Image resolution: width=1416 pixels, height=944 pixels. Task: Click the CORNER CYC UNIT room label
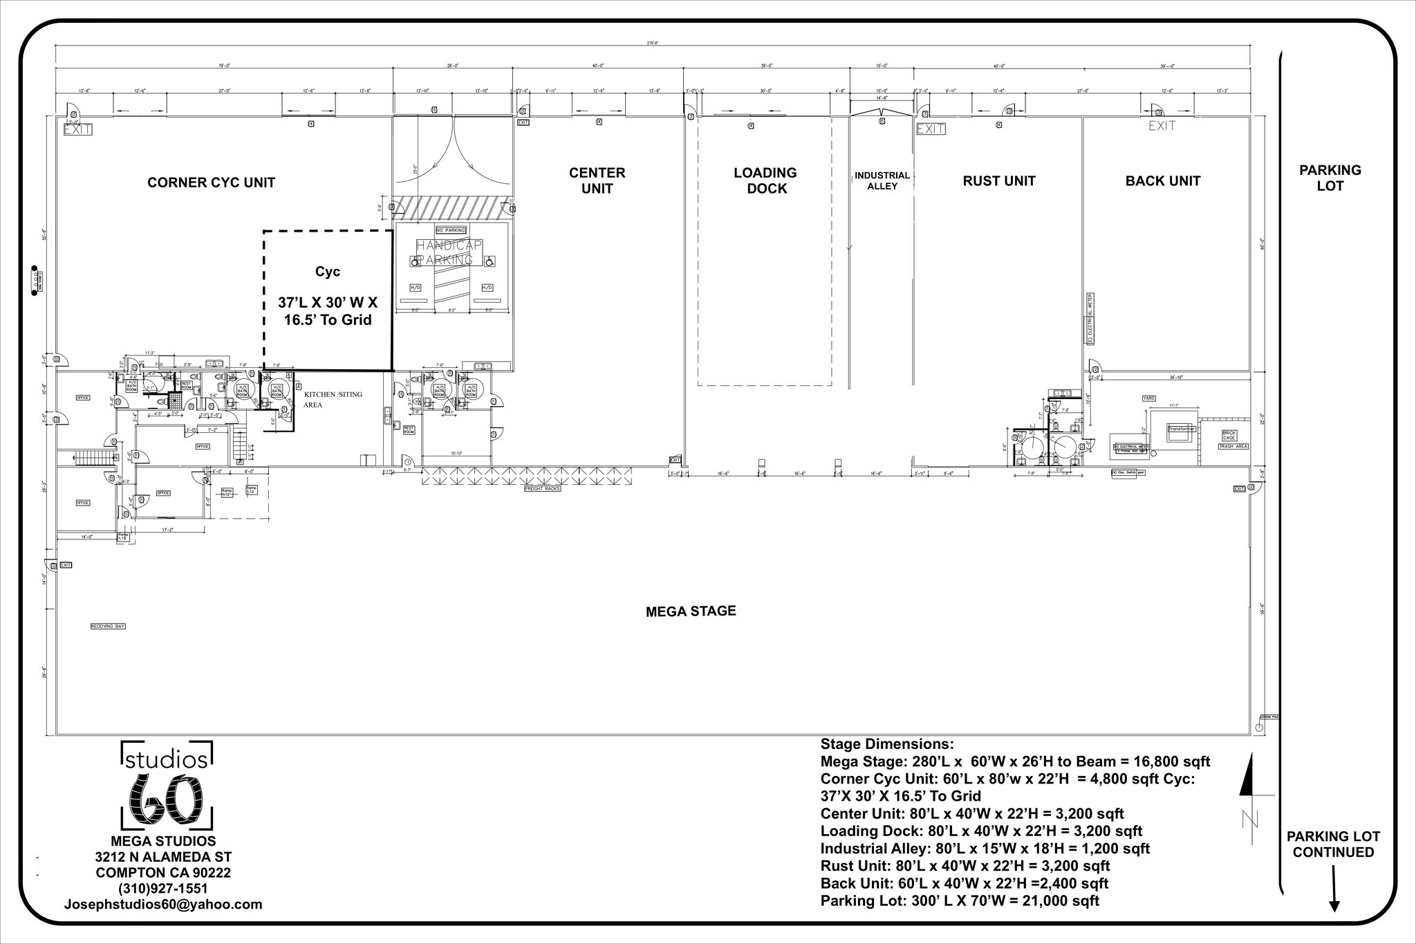click(x=211, y=183)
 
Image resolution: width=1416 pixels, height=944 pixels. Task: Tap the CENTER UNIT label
click(x=597, y=181)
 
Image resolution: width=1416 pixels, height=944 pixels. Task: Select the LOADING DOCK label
click(x=765, y=181)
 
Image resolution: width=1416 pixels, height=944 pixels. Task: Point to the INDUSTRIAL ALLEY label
click(x=882, y=181)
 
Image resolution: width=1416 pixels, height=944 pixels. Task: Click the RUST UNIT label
click(x=998, y=181)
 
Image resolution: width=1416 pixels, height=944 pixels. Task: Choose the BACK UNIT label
click(x=1162, y=181)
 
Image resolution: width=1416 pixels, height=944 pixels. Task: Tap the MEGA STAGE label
click(x=690, y=611)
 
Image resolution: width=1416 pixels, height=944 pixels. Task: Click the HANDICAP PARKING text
click(x=449, y=253)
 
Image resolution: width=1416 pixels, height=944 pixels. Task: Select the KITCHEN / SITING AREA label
click(x=333, y=399)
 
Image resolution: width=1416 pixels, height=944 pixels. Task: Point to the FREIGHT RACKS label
click(x=542, y=488)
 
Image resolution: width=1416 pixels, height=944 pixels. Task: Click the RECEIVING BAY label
click(x=109, y=626)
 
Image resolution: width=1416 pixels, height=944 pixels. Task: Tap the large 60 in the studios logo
click(x=167, y=798)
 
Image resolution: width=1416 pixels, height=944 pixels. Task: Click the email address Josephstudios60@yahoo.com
click(x=163, y=904)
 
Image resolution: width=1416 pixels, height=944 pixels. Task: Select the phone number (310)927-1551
click(x=163, y=888)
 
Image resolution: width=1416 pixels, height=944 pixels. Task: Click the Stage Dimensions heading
click(x=886, y=744)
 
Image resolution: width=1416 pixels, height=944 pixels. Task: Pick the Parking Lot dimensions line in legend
click(x=960, y=900)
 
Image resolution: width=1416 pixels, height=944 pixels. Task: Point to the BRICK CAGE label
click(x=1229, y=436)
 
